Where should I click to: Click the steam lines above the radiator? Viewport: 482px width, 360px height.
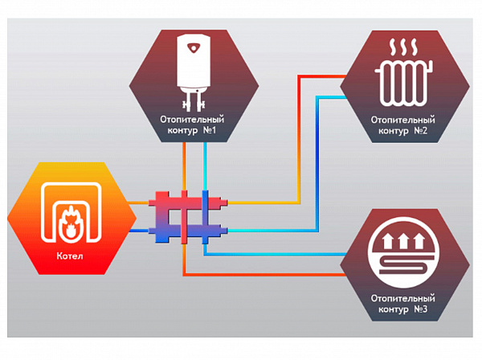pyautogui.click(x=404, y=43)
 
